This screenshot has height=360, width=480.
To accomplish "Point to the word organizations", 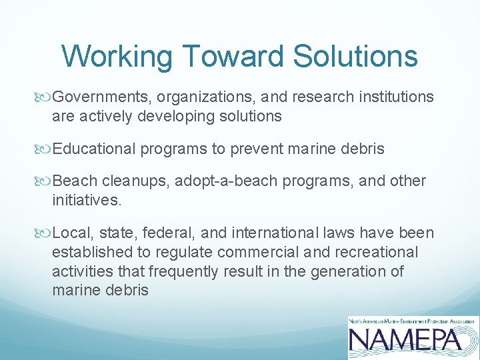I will click(x=203, y=97).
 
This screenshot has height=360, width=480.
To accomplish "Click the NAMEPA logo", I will click(x=413, y=336).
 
